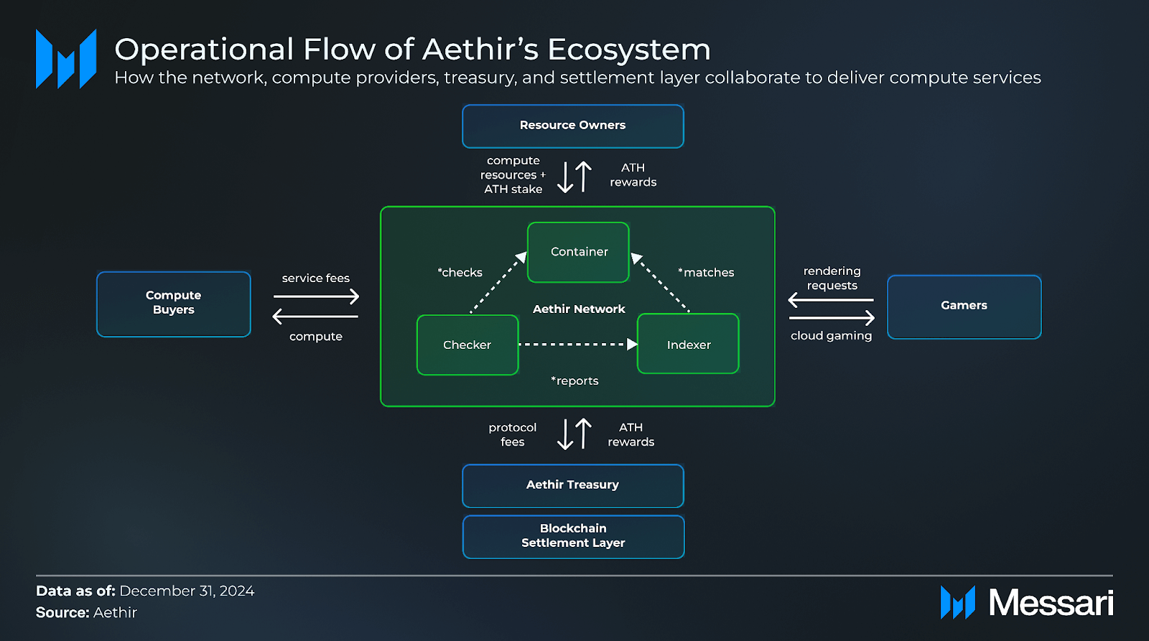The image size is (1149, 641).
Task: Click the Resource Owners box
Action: coord(572,126)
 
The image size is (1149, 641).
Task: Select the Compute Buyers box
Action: coord(174,304)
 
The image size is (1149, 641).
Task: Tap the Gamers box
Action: coord(964,307)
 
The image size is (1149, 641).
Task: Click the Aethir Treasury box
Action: coord(572,485)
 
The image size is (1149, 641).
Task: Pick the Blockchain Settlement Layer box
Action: coord(572,536)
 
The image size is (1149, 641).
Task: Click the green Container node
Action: coord(578,252)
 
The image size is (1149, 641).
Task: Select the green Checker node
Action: coord(467,345)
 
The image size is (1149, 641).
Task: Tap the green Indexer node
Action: coord(688,345)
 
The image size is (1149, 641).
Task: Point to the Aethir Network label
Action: coord(579,309)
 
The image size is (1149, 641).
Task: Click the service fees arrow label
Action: coord(315,279)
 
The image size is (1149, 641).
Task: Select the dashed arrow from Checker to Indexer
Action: coord(574,345)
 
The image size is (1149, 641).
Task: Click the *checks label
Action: coord(460,273)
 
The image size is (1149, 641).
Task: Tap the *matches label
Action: coord(707,273)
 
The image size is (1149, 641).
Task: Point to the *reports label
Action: coord(574,381)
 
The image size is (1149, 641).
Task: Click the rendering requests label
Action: coord(832,279)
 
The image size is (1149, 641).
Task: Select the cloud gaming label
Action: coord(831,336)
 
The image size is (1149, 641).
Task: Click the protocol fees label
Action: coord(512,435)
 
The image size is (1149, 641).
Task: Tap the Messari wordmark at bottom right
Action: coord(1050,603)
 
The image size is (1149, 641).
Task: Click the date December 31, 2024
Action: coord(187,591)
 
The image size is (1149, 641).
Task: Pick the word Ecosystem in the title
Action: coord(628,50)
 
